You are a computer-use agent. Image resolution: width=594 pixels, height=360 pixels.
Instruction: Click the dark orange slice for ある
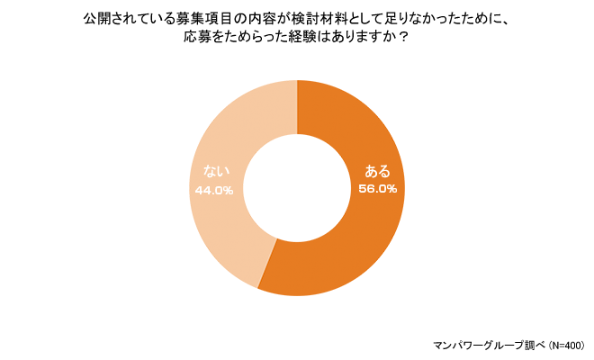coord(360,234)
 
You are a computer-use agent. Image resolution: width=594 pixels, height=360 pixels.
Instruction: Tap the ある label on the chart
coord(376,171)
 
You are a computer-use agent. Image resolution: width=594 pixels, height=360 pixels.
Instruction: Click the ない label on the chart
coord(215,172)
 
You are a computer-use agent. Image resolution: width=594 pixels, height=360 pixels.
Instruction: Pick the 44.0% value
coord(214,190)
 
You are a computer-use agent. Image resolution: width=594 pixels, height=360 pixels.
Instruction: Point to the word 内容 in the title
coord(276,18)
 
